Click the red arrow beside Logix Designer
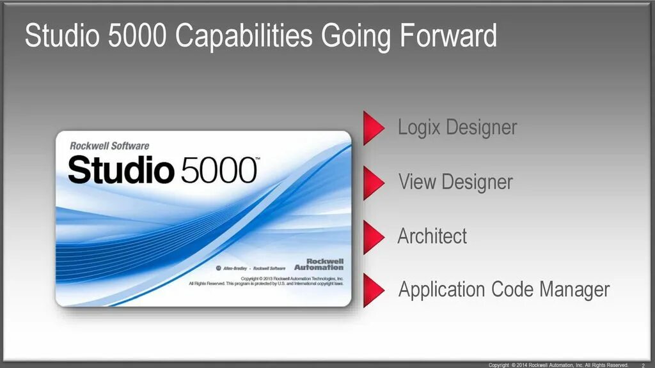pyautogui.click(x=374, y=127)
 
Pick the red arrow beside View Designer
pyautogui.click(x=374, y=183)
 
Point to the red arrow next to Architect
pyautogui.click(x=374, y=237)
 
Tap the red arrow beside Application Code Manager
pyautogui.click(x=374, y=291)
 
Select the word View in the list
pyautogui.click(x=418, y=182)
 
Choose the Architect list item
pyautogui.click(x=432, y=236)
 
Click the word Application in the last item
pyautogui.click(x=441, y=290)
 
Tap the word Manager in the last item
pyautogui.click(x=574, y=289)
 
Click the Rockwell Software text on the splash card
pyautogui.click(x=109, y=146)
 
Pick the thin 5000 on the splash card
pyautogui.click(x=217, y=170)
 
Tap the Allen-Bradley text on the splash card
pyautogui.click(x=237, y=268)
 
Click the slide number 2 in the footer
pyautogui.click(x=642, y=365)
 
